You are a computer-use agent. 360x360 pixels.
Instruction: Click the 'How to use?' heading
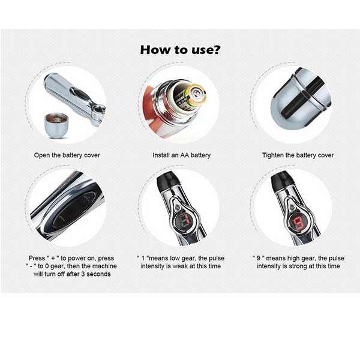pyautogui.click(x=180, y=50)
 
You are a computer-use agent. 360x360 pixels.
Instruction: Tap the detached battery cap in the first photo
pyautogui.click(x=56, y=125)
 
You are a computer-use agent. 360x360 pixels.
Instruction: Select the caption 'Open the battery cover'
pyautogui.click(x=67, y=155)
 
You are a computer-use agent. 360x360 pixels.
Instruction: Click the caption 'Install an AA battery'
pyautogui.click(x=182, y=155)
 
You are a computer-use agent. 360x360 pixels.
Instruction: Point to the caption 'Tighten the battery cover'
pyautogui.click(x=298, y=155)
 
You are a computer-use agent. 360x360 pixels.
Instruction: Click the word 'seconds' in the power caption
pyautogui.click(x=98, y=274)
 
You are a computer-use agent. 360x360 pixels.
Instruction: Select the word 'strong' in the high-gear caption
pyautogui.click(x=298, y=266)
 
